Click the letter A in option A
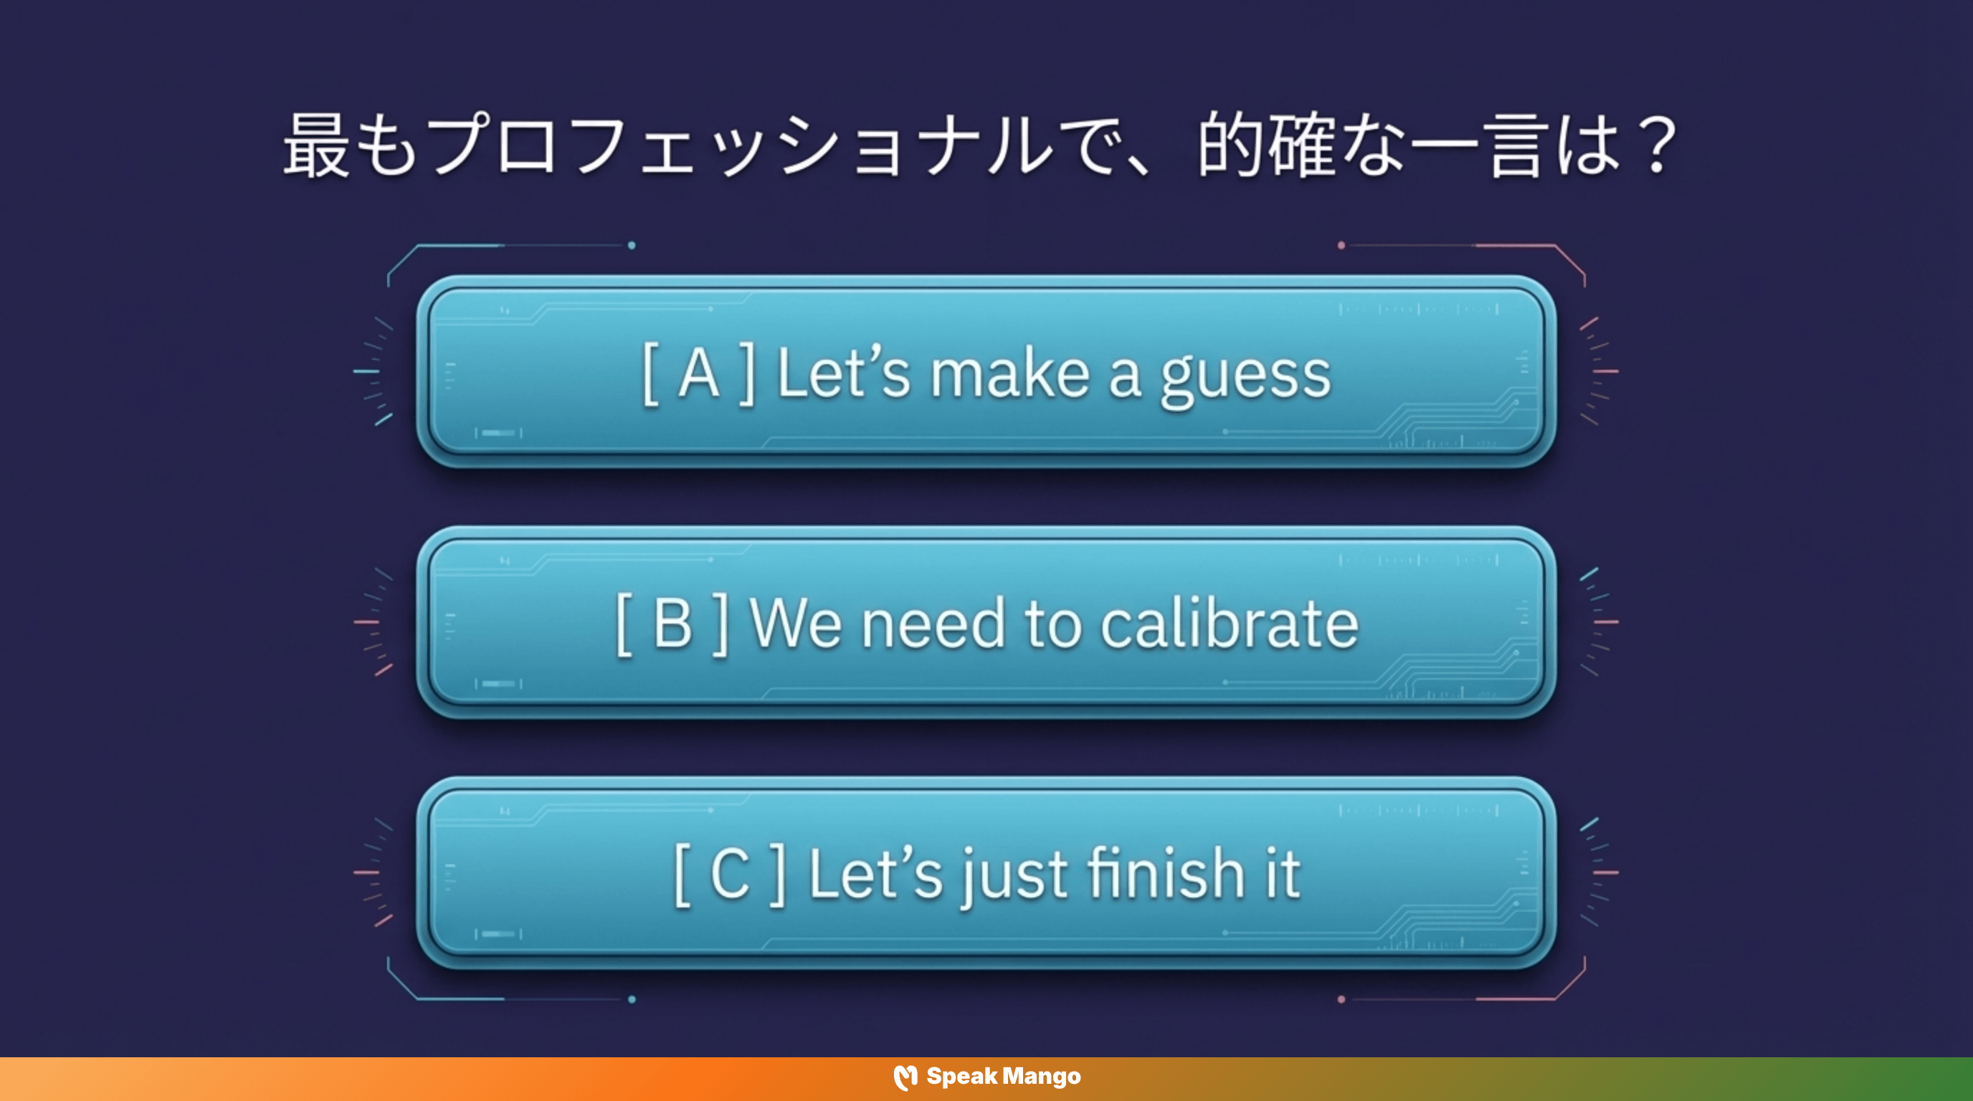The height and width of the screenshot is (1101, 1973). point(698,374)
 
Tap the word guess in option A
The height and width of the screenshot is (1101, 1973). point(1245,378)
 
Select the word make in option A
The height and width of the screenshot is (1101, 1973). point(1009,374)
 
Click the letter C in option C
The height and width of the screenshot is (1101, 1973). point(729,874)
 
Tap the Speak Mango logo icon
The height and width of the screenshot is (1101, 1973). point(905,1077)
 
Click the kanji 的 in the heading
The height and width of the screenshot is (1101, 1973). point(1230,146)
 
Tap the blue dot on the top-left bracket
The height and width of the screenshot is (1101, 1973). point(632,246)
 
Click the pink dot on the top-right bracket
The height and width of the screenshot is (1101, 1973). point(1341,246)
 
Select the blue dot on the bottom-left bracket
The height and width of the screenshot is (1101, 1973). point(632,999)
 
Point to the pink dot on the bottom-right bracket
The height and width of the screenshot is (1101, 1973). point(1341,999)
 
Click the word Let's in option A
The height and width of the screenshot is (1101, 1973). point(843,374)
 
